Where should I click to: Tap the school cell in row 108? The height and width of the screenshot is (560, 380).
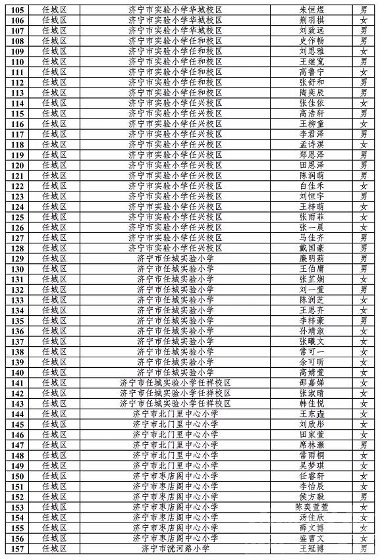point(175,41)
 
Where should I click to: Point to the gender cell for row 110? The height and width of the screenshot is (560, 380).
point(364,62)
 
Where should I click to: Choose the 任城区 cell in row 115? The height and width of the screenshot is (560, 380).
point(55,113)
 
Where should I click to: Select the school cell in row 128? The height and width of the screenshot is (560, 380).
point(175,247)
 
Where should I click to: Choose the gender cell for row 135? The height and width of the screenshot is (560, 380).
point(364,320)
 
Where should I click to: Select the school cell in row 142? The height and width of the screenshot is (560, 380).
point(175,393)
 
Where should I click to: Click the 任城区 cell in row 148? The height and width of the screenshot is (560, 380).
point(55,455)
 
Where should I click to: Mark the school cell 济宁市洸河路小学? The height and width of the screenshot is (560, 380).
point(175,547)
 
